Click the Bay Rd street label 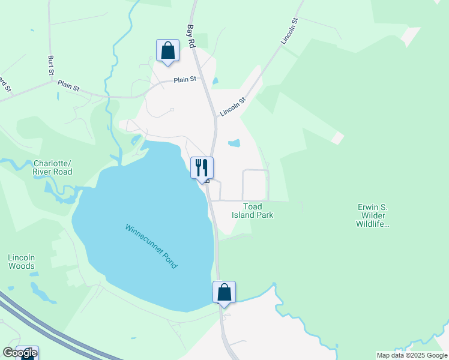[191, 36]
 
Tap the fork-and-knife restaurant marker [202, 167]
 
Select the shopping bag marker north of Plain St [167, 50]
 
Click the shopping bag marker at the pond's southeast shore [224, 292]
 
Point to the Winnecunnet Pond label [151, 246]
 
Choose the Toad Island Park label [258, 211]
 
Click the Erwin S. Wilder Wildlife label [372, 215]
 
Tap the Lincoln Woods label [21, 262]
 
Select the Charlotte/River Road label [53, 167]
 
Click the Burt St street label [51, 65]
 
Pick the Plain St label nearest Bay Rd [185, 79]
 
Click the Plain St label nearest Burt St [68, 86]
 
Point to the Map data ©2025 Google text [412, 355]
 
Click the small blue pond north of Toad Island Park [234, 143]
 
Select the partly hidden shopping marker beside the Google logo [28, 353]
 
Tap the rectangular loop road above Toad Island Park [255, 184]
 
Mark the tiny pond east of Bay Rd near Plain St [215, 80]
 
